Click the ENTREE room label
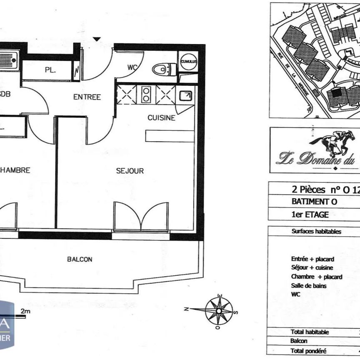(87, 97)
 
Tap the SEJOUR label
(130, 171)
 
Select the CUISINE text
(161, 118)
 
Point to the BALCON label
(80, 259)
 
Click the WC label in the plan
(132, 67)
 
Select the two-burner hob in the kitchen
(147, 95)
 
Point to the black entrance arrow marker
(97, 39)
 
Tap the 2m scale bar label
(25, 310)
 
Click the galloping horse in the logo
(333, 144)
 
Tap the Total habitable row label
(310, 332)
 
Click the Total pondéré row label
(309, 350)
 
